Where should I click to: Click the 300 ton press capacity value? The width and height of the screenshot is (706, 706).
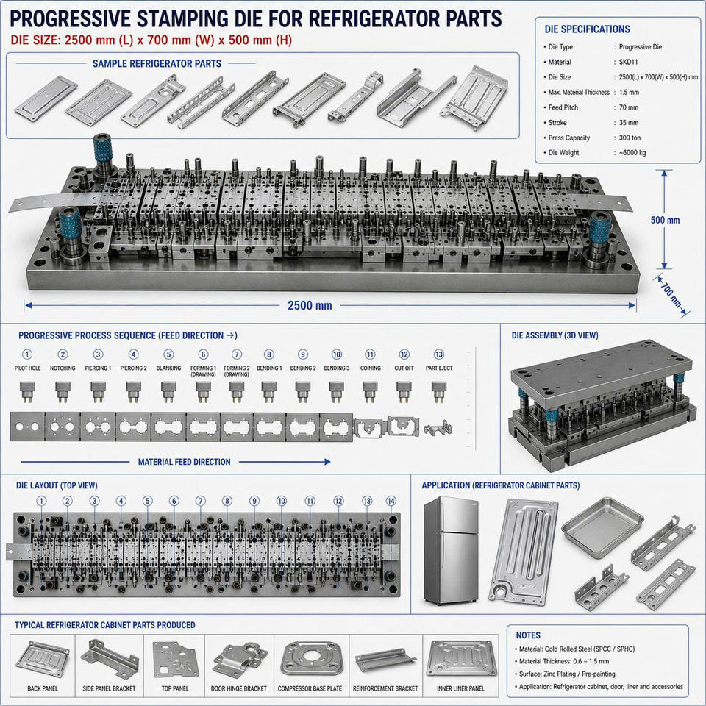tap(630, 138)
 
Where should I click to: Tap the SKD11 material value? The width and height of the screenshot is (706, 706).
tap(628, 62)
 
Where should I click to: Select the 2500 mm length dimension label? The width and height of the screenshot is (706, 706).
tap(310, 306)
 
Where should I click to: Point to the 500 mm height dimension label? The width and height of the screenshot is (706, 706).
tap(665, 220)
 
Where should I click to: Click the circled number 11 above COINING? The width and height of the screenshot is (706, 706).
tap(370, 354)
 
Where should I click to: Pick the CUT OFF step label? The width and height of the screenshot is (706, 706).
tap(404, 368)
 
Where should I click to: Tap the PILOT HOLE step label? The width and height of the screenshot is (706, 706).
tap(27, 368)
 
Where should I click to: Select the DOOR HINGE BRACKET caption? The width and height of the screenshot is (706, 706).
tap(238, 688)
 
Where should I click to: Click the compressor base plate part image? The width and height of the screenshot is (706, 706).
tap(310, 661)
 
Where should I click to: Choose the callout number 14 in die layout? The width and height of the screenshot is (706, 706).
tap(391, 501)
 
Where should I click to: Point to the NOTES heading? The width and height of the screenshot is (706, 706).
tap(528, 635)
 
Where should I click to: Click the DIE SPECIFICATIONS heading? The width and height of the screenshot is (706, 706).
tap(587, 29)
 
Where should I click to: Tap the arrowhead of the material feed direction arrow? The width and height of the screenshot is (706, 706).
tap(327, 462)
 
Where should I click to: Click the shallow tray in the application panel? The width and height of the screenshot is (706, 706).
tap(602, 524)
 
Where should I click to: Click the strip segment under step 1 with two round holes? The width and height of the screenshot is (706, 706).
tap(27, 427)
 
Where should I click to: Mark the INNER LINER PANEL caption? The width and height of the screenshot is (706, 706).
tap(460, 688)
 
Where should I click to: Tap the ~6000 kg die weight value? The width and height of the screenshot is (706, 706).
tap(632, 153)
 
